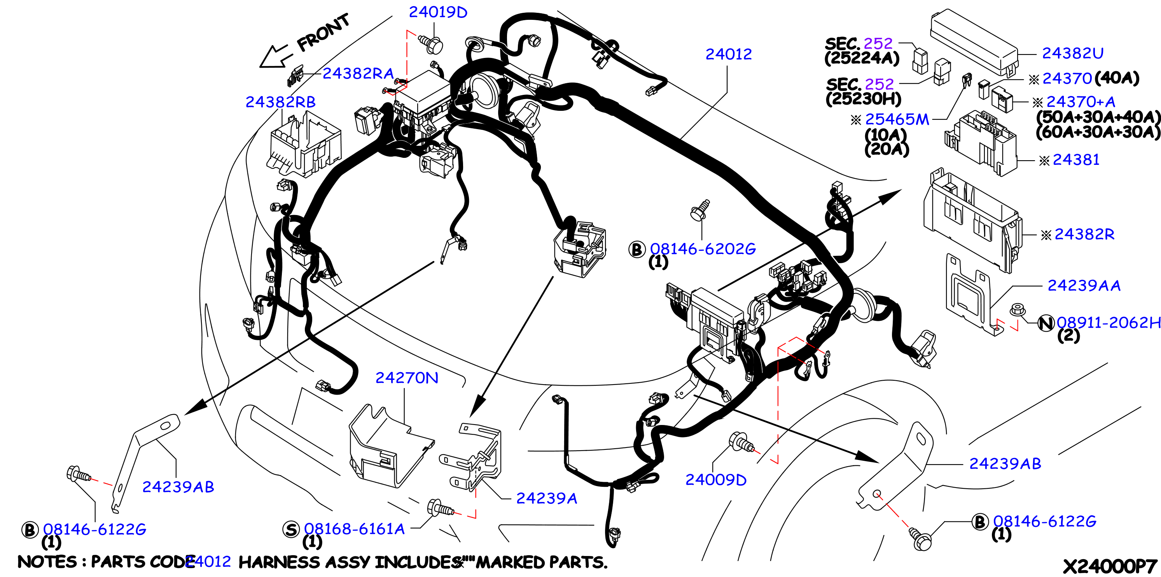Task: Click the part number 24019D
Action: [438, 12]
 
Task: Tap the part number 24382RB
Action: [280, 102]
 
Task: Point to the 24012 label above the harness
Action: [728, 54]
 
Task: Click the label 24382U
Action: [1072, 53]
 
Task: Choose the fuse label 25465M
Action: [897, 119]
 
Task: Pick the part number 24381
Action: [1076, 159]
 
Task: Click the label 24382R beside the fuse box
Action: [1084, 234]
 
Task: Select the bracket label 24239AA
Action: [1084, 285]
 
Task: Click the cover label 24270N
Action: [407, 378]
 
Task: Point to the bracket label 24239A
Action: [546, 498]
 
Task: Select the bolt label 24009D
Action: [716, 480]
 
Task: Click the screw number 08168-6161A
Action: [354, 529]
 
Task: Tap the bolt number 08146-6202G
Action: [703, 249]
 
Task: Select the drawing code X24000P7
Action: [1110, 566]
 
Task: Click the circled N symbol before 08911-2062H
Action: [1046, 323]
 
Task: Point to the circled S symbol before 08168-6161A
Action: [291, 529]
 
